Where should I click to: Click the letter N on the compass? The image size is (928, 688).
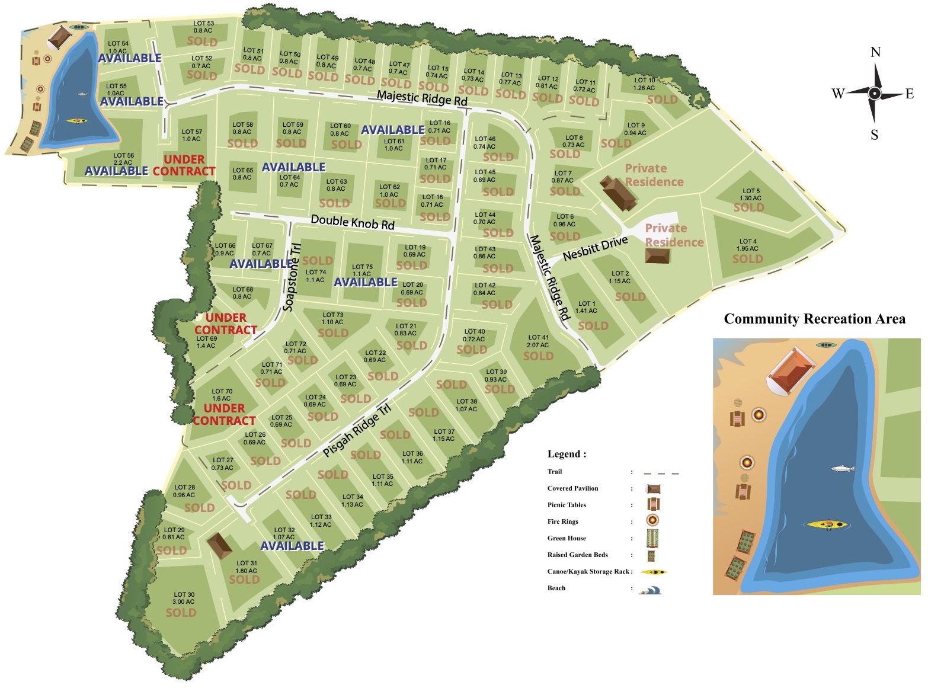pos(875,52)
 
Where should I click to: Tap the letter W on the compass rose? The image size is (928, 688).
pos(838,94)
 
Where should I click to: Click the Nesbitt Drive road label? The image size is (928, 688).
pos(595,249)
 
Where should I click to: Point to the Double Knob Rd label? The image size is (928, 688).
pos(353,222)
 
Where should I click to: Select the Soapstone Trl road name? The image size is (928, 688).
pos(292,277)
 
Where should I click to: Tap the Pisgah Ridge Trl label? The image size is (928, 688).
pos(357,430)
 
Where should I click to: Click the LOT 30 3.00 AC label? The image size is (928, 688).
pos(184,598)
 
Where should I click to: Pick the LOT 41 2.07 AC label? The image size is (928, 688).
pos(537,341)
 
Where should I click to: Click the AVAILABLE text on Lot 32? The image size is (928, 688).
pos(292,546)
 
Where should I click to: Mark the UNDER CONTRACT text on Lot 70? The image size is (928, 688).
pos(224,414)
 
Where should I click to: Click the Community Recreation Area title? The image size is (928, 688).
pos(814,319)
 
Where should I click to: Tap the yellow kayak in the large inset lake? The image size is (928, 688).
pos(826,524)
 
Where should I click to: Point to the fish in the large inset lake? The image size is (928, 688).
pos(843,469)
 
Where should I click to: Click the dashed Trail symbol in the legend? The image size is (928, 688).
pos(661,473)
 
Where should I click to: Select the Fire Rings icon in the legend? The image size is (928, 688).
pos(652,521)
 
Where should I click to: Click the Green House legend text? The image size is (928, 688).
pos(567,538)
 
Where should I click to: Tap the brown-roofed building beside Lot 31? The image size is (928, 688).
pos(220,545)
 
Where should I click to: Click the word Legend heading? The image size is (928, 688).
pos(567,454)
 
